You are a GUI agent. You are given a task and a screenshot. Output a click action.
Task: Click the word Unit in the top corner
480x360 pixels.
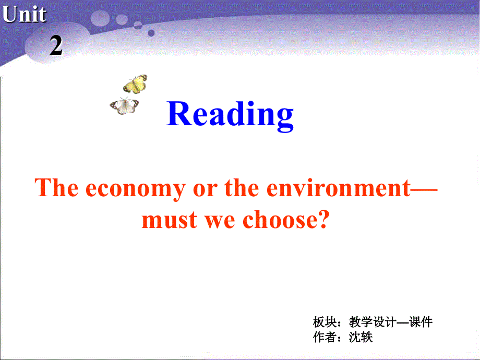click(24, 15)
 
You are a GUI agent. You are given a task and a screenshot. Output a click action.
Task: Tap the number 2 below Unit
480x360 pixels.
click(56, 46)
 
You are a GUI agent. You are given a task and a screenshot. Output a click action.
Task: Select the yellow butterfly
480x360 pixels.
click(135, 83)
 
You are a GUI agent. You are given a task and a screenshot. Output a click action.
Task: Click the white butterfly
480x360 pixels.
click(125, 105)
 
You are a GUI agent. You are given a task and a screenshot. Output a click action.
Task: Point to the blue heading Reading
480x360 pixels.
click(230, 114)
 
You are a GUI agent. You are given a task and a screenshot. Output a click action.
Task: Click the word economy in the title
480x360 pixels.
click(135, 188)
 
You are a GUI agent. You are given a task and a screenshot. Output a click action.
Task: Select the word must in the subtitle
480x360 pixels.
click(168, 220)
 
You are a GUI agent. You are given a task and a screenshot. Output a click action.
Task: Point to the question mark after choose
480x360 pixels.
click(325, 220)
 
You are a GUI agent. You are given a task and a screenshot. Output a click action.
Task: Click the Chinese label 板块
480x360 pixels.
click(323, 322)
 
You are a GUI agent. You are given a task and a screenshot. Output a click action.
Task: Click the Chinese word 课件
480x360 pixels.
click(421, 322)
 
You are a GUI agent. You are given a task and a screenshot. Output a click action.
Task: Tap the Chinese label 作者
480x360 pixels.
click(323, 337)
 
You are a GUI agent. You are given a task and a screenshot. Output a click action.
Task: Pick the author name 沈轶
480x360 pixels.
click(361, 337)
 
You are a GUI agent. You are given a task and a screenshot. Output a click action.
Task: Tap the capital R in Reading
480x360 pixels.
click(179, 114)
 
